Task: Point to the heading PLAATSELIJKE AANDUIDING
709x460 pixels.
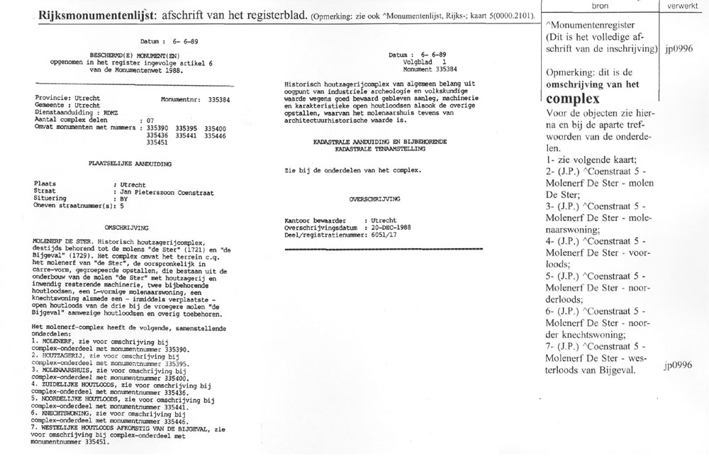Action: point(119,162)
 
